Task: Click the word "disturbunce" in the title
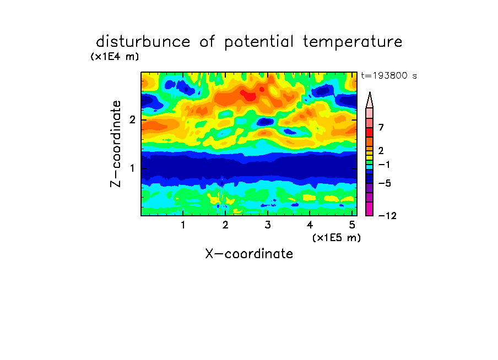click(x=143, y=42)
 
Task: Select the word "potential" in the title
click(x=259, y=42)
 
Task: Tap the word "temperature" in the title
click(x=353, y=42)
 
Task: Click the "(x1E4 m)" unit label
click(x=115, y=57)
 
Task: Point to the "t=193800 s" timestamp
click(x=389, y=75)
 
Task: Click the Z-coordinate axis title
click(x=116, y=144)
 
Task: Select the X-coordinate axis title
click(x=249, y=254)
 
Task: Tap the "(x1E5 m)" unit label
click(x=337, y=237)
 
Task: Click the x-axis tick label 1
click(x=183, y=225)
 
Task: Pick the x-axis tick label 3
click(x=268, y=225)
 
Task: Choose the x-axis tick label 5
click(x=352, y=225)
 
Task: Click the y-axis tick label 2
click(x=132, y=119)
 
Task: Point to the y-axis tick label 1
click(x=132, y=168)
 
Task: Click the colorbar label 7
click(x=381, y=128)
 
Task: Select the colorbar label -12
click(x=387, y=216)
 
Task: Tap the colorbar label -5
click(x=385, y=183)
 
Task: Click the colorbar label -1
click(x=384, y=165)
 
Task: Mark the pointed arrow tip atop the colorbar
click(x=370, y=92)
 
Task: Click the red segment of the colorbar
click(x=370, y=132)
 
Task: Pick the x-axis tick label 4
click(x=310, y=225)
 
